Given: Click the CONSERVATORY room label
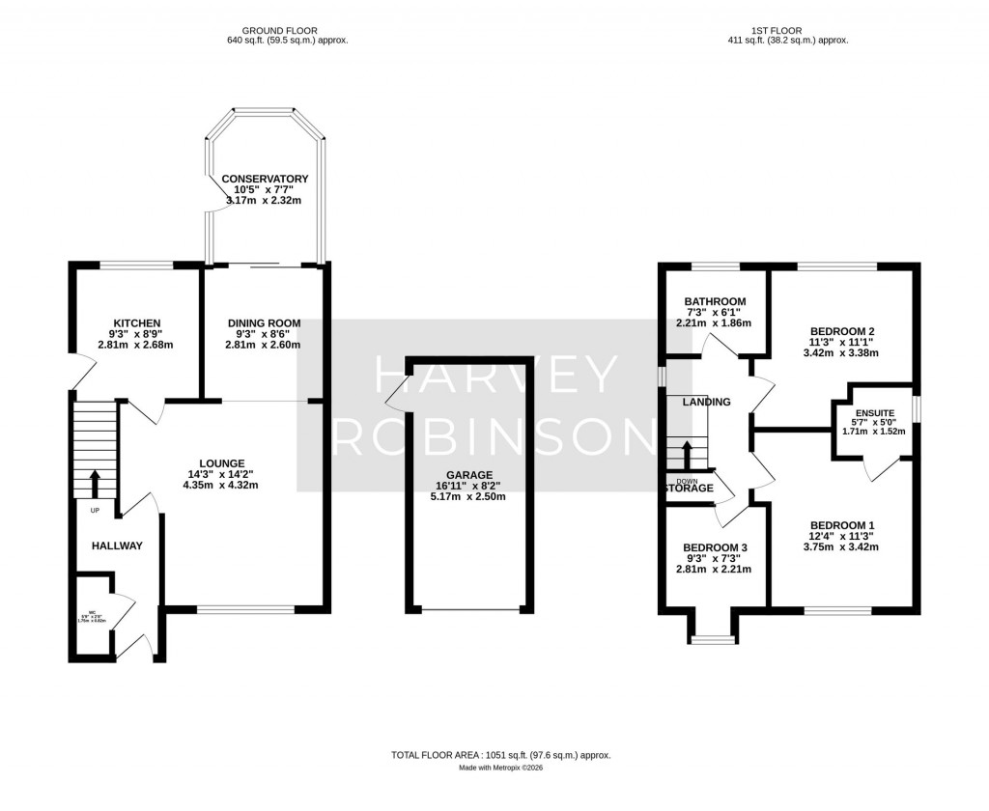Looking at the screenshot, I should (265, 180).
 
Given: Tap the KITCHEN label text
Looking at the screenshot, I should (136, 323).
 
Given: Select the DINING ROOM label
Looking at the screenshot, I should (264, 323).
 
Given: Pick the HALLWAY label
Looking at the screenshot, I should (117, 546).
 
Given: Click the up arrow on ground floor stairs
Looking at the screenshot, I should (95, 481).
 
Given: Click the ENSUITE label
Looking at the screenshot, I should (873, 412).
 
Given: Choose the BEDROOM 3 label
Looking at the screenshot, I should (714, 546).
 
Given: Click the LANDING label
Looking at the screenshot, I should (706, 402).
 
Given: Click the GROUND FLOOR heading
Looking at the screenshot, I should (281, 31).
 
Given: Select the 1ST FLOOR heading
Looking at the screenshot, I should (787, 31).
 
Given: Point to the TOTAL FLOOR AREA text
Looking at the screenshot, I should (500, 755).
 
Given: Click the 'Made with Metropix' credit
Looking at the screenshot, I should (500, 769).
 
